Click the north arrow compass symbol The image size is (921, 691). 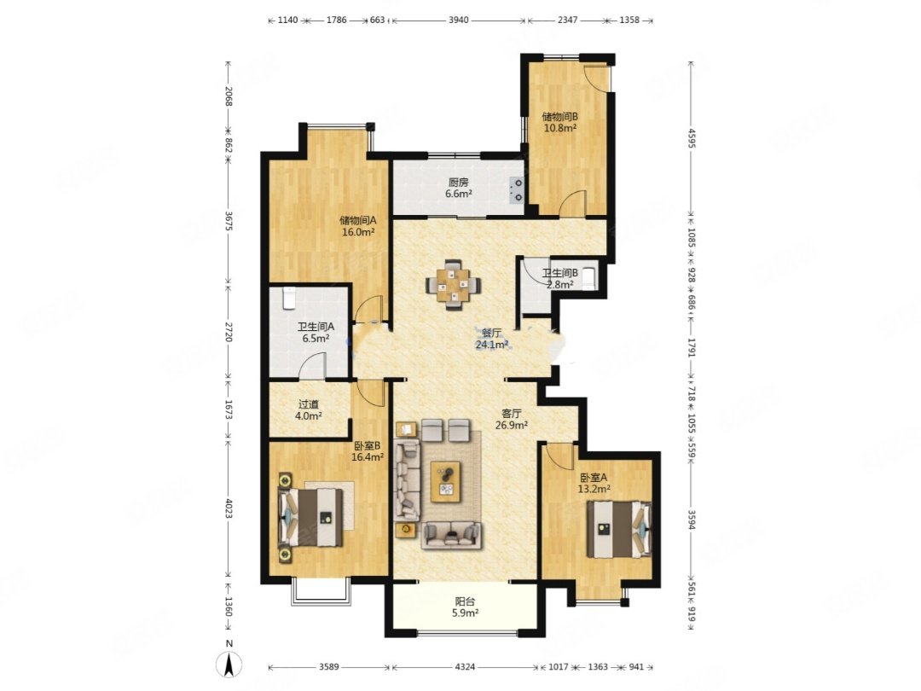(229, 665)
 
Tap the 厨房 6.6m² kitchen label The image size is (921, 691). (458, 188)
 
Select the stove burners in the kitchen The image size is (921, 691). (516, 189)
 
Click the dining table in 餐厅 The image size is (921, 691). (453, 285)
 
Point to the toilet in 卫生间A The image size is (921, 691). (288, 298)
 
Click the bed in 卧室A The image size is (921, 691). (619, 530)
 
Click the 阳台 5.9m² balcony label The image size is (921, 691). (466, 607)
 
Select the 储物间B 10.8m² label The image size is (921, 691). (559, 122)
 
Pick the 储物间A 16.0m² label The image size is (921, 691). (357, 226)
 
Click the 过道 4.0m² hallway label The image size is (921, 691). (309, 410)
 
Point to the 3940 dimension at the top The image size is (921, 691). (459, 20)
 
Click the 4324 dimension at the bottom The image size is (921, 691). (465, 667)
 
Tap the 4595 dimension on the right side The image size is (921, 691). (692, 139)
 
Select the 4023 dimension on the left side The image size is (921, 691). (229, 509)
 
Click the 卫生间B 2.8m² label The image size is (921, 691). (559, 278)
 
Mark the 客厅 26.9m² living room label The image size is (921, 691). (511, 419)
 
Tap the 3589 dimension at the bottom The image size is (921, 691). (329, 667)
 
